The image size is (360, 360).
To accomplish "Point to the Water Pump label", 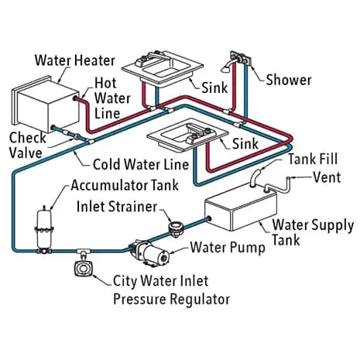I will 225,248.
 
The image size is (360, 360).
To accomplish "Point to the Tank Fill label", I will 316,159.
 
